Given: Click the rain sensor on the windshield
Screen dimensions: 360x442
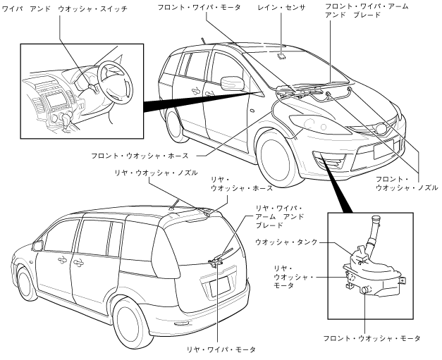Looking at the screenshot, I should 282,55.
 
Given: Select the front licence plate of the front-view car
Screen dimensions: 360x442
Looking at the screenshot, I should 386,149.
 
